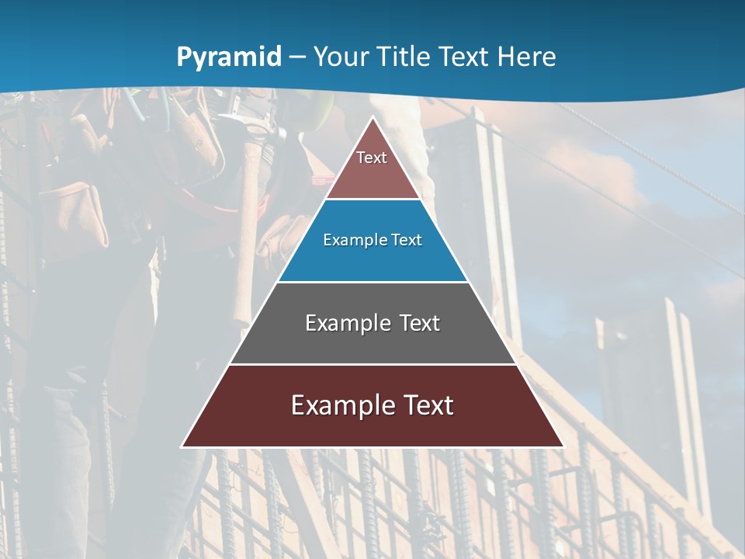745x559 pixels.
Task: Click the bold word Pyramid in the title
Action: pyautogui.click(x=229, y=57)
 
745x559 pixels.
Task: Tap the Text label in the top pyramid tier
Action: pyautogui.click(x=372, y=158)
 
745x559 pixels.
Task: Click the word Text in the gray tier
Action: pyautogui.click(x=419, y=323)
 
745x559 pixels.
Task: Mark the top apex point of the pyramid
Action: pyautogui.click(x=372, y=117)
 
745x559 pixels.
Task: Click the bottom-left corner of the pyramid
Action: pyautogui.click(x=182, y=446)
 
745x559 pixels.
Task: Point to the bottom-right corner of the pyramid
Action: pyautogui.click(x=563, y=446)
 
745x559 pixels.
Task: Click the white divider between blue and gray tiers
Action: pyautogui.click(x=372, y=282)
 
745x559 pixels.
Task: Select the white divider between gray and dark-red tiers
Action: pyautogui.click(x=372, y=364)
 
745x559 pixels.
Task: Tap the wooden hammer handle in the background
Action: pyautogui.click(x=247, y=233)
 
